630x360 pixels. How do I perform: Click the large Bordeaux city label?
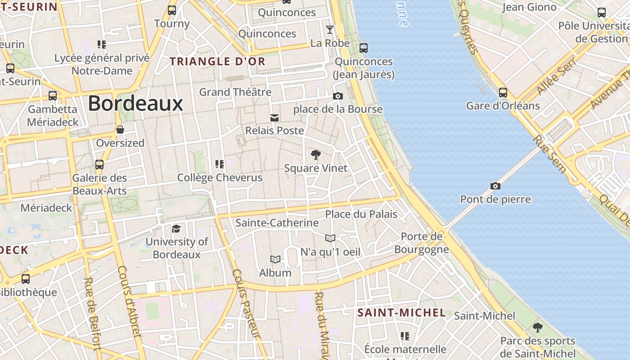point(135,103)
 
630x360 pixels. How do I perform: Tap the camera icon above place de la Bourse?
point(337,96)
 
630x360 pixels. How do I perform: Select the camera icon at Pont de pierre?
point(495,186)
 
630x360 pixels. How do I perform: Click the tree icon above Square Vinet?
point(316,155)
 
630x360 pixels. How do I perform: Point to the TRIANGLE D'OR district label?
point(218,62)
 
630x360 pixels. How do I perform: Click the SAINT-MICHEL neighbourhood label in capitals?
point(401,313)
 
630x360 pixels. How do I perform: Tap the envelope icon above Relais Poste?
point(274,118)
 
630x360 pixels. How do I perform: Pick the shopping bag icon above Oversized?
point(120,130)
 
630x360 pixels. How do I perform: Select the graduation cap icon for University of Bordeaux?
point(176,229)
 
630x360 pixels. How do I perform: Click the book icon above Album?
point(275,260)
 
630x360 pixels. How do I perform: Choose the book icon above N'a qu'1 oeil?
point(330,238)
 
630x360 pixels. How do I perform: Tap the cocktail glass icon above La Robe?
point(330,30)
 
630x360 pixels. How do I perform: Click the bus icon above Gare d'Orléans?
point(503,93)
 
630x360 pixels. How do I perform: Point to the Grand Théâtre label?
point(235,92)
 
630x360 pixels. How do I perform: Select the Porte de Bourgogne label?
point(422,243)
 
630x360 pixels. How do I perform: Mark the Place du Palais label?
point(361,214)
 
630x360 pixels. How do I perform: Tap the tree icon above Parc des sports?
point(537,327)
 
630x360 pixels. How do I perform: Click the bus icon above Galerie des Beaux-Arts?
point(99,165)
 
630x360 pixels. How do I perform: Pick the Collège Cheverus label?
point(220,178)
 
